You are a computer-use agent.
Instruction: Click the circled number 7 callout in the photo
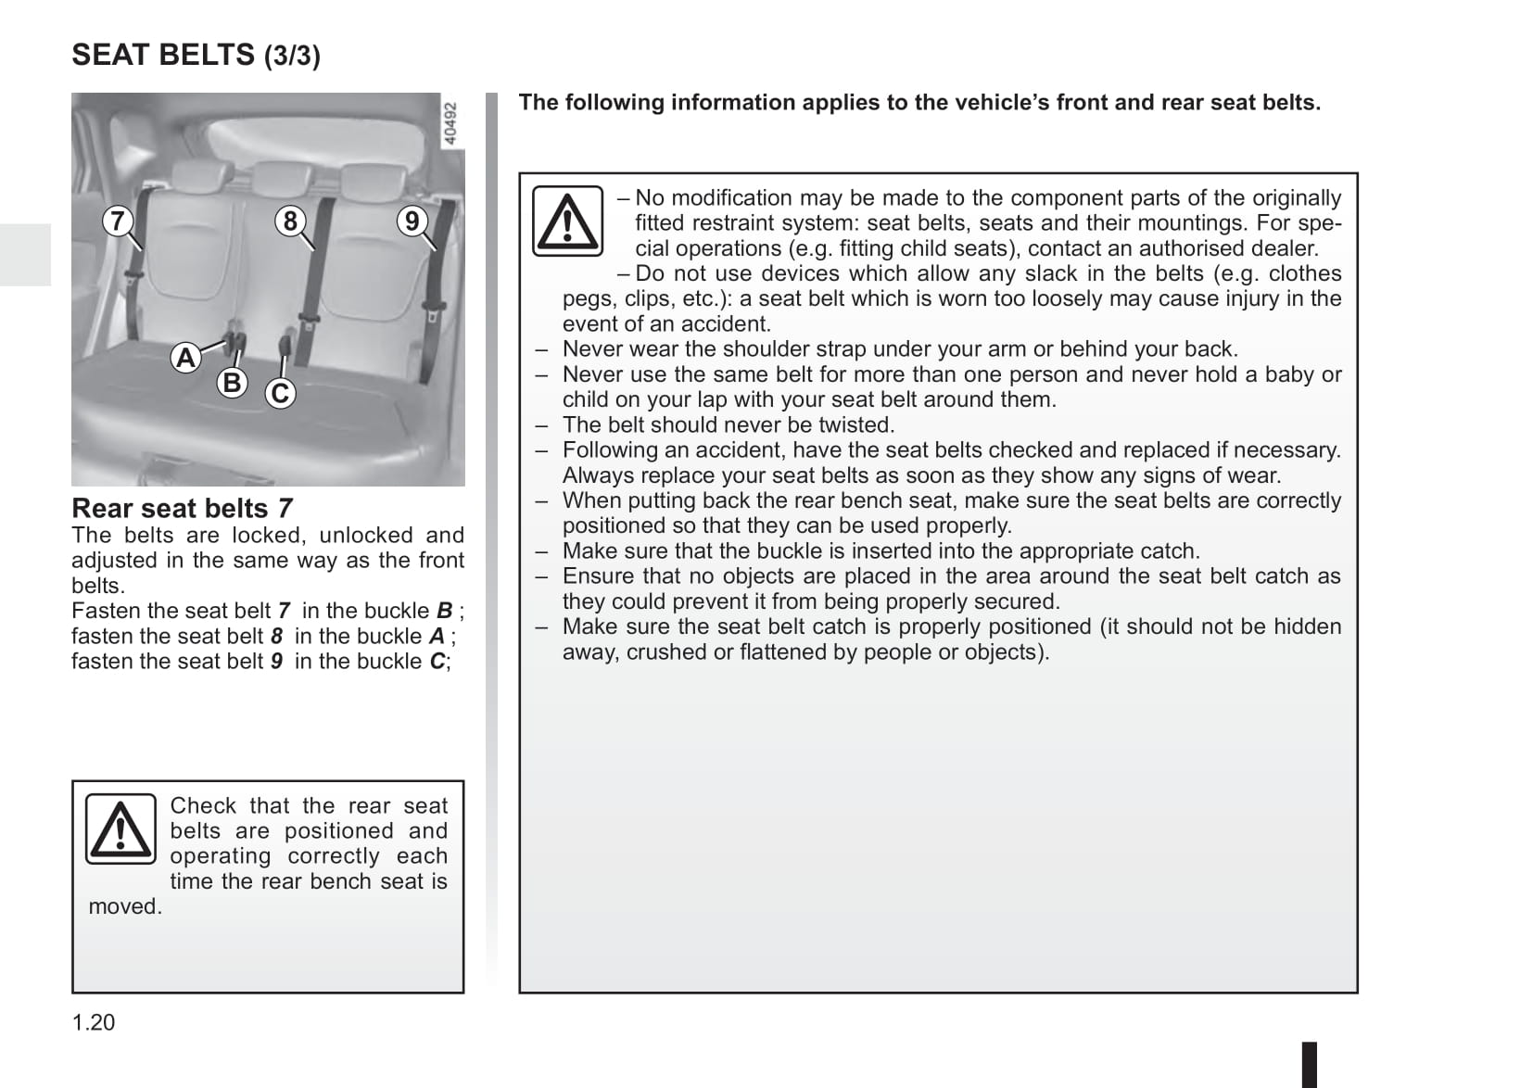[117, 221]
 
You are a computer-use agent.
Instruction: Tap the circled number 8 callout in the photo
[290, 221]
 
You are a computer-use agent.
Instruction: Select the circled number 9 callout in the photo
[412, 221]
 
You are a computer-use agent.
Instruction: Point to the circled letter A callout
[185, 358]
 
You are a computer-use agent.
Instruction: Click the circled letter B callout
[232, 382]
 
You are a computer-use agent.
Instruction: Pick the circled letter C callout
[280, 393]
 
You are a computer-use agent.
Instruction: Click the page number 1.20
[94, 1022]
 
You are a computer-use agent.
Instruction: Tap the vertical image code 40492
[450, 123]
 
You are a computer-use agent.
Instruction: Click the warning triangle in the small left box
[120, 829]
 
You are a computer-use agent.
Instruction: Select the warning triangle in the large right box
[567, 222]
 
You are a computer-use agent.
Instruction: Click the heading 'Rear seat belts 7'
[182, 509]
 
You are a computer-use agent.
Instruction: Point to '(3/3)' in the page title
[292, 57]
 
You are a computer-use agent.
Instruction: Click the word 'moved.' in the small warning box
[125, 906]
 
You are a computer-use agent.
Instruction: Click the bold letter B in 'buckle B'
[444, 612]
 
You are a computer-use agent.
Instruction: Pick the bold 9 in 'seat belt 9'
[276, 662]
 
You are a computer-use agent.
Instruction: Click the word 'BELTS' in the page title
[207, 55]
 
